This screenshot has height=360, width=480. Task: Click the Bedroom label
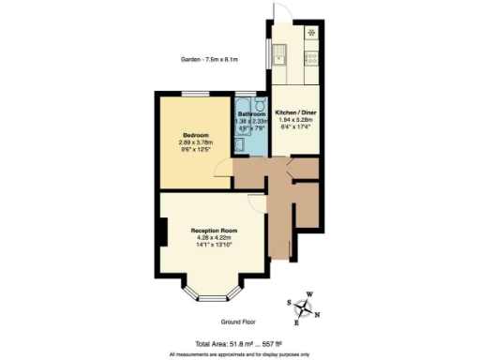click(x=197, y=134)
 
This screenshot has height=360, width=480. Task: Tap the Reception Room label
click(x=213, y=230)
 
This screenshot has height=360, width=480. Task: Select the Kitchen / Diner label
click(x=297, y=112)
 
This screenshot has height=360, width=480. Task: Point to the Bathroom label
click(x=251, y=112)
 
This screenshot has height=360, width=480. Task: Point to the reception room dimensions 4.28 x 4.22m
click(x=213, y=238)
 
